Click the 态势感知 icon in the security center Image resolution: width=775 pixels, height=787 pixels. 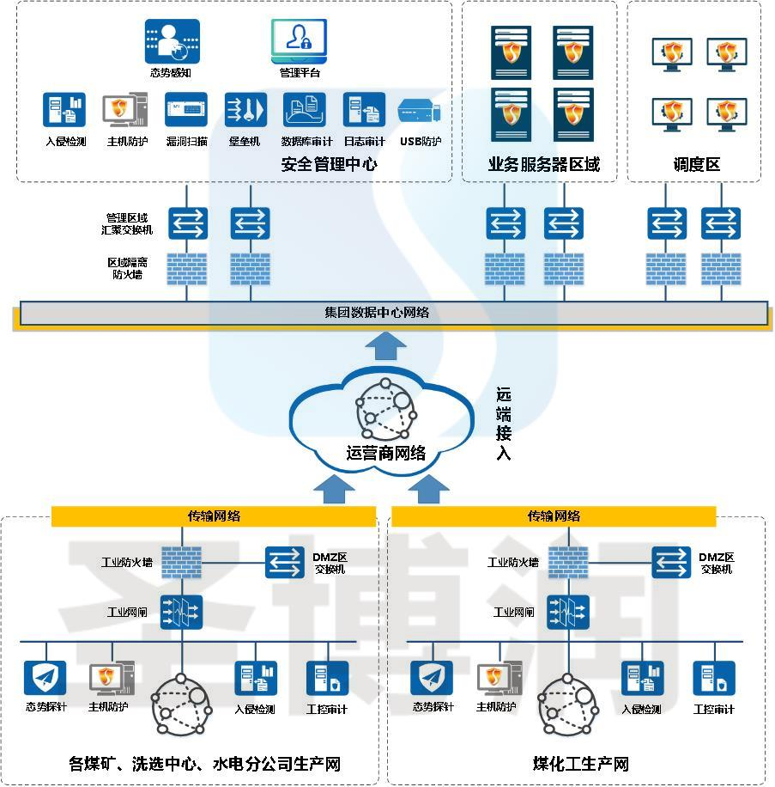pos(172,41)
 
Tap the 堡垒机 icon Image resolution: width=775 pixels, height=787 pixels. pos(245,110)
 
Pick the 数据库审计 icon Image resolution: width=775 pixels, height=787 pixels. pos(305,110)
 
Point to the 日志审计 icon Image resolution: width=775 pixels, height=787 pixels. pos(364,110)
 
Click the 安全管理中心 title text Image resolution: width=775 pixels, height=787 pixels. pos(329,163)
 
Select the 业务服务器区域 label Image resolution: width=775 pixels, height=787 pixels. pos(543,164)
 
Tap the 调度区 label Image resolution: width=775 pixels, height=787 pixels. pos(696,164)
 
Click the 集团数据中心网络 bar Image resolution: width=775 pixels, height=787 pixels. pos(390,313)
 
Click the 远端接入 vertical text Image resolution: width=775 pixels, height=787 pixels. pos(504,424)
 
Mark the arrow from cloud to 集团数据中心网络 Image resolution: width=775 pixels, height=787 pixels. pos(385,345)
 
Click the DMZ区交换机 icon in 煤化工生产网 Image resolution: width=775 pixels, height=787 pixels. pos(672,563)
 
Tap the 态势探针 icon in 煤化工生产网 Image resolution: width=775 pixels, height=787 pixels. pos(431,678)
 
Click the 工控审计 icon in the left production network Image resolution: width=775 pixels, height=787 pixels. pos(327,678)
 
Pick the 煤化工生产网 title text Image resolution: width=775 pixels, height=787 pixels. pos(580,764)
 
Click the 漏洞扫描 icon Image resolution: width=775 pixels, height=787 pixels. pos(186,110)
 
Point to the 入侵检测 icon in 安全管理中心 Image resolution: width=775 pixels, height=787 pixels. pos(64,110)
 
